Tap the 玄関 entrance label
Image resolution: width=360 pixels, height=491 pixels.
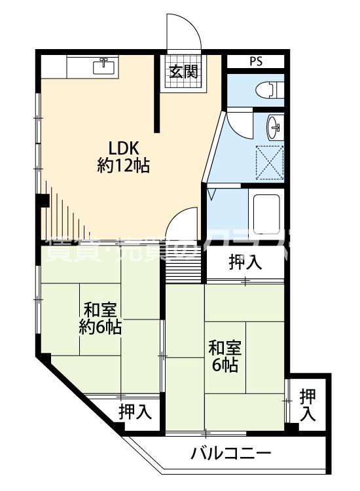[x=184, y=73]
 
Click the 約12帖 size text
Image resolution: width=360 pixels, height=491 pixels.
[x=123, y=166]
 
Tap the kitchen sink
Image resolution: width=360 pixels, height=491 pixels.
[x=103, y=66]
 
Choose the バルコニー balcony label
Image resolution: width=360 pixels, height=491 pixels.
[x=231, y=452]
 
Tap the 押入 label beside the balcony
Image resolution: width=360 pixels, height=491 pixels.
[x=308, y=405]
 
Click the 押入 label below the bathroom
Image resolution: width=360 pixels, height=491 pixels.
[x=245, y=263]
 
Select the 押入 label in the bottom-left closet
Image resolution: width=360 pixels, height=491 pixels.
[x=135, y=412]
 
